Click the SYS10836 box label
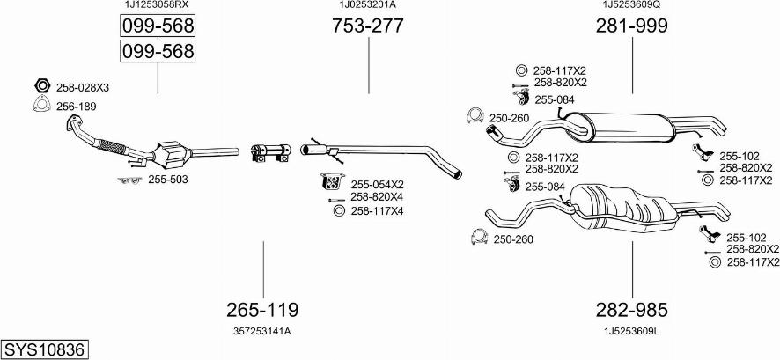click(x=45, y=349)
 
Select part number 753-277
click(x=367, y=26)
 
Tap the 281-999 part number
click(x=631, y=26)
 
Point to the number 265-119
click(x=262, y=310)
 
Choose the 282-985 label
click(x=631, y=310)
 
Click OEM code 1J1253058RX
click(x=157, y=5)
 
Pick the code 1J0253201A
click(x=367, y=5)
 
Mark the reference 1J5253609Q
click(x=631, y=5)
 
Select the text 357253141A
click(x=262, y=331)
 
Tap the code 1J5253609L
click(x=631, y=331)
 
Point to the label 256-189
click(x=77, y=107)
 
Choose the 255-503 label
click(x=167, y=180)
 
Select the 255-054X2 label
click(x=377, y=185)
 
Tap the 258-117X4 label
click(x=377, y=211)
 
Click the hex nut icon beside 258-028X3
click(x=40, y=86)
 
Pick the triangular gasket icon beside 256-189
click(x=40, y=106)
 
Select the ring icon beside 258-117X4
click(x=339, y=210)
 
